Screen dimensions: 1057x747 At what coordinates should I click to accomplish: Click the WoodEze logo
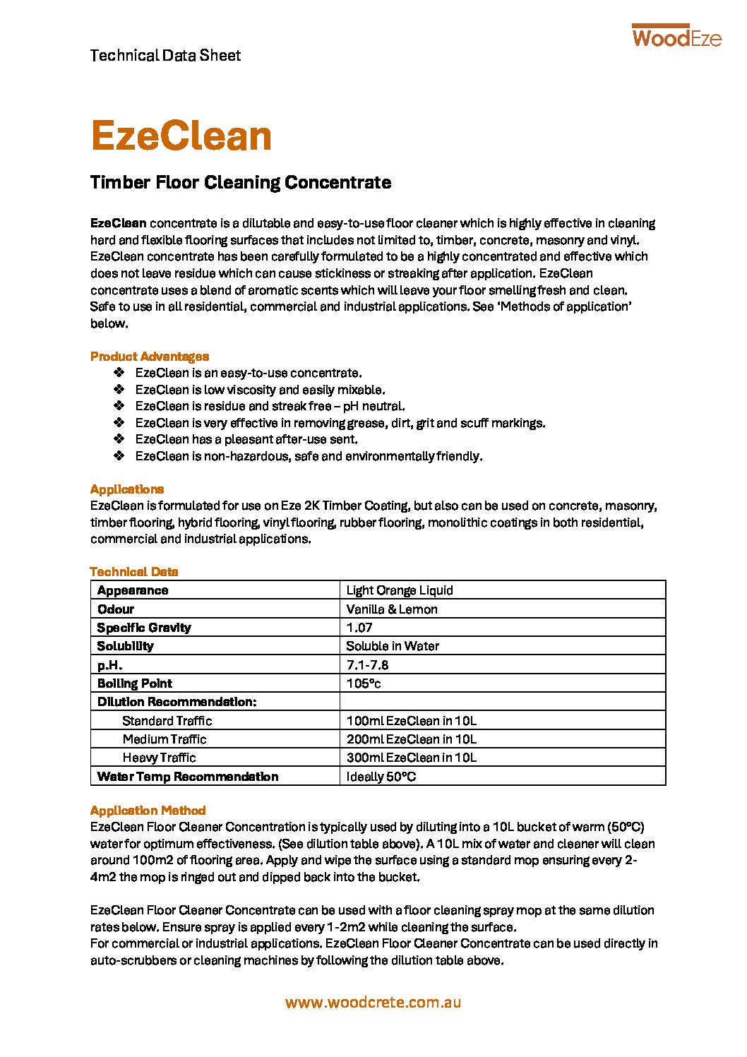pos(676,36)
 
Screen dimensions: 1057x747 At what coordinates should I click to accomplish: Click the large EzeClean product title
pos(181,136)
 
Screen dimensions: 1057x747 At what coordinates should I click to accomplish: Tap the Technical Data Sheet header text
pos(165,55)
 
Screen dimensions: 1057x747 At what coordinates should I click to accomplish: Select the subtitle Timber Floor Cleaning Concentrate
pos(240,182)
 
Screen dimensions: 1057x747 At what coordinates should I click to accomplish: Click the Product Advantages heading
pos(150,357)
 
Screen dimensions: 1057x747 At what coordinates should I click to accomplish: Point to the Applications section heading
pos(127,489)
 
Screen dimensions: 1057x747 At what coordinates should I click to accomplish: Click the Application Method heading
pos(148,811)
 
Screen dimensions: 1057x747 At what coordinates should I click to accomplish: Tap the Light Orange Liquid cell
pos(400,590)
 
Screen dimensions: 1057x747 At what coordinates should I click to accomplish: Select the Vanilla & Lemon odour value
pos(392,609)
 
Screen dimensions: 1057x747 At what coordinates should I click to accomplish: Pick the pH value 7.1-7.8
pos(367,665)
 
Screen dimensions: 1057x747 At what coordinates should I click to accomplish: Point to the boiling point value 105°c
pos(364,683)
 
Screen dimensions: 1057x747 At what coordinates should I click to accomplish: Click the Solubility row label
pos(126,646)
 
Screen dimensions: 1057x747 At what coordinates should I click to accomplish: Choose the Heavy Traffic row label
pos(159,758)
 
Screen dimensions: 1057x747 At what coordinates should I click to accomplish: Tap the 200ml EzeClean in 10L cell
pos(411,739)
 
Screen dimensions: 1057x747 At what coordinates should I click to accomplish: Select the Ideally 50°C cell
pos(381,777)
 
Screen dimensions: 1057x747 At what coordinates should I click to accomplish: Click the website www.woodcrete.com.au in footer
pos(373,1003)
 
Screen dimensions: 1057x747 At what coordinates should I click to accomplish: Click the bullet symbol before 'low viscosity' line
pos(119,390)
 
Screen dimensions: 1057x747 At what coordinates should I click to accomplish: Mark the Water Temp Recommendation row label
pos(188,777)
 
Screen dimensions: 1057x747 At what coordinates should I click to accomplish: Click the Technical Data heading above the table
pos(134,572)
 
